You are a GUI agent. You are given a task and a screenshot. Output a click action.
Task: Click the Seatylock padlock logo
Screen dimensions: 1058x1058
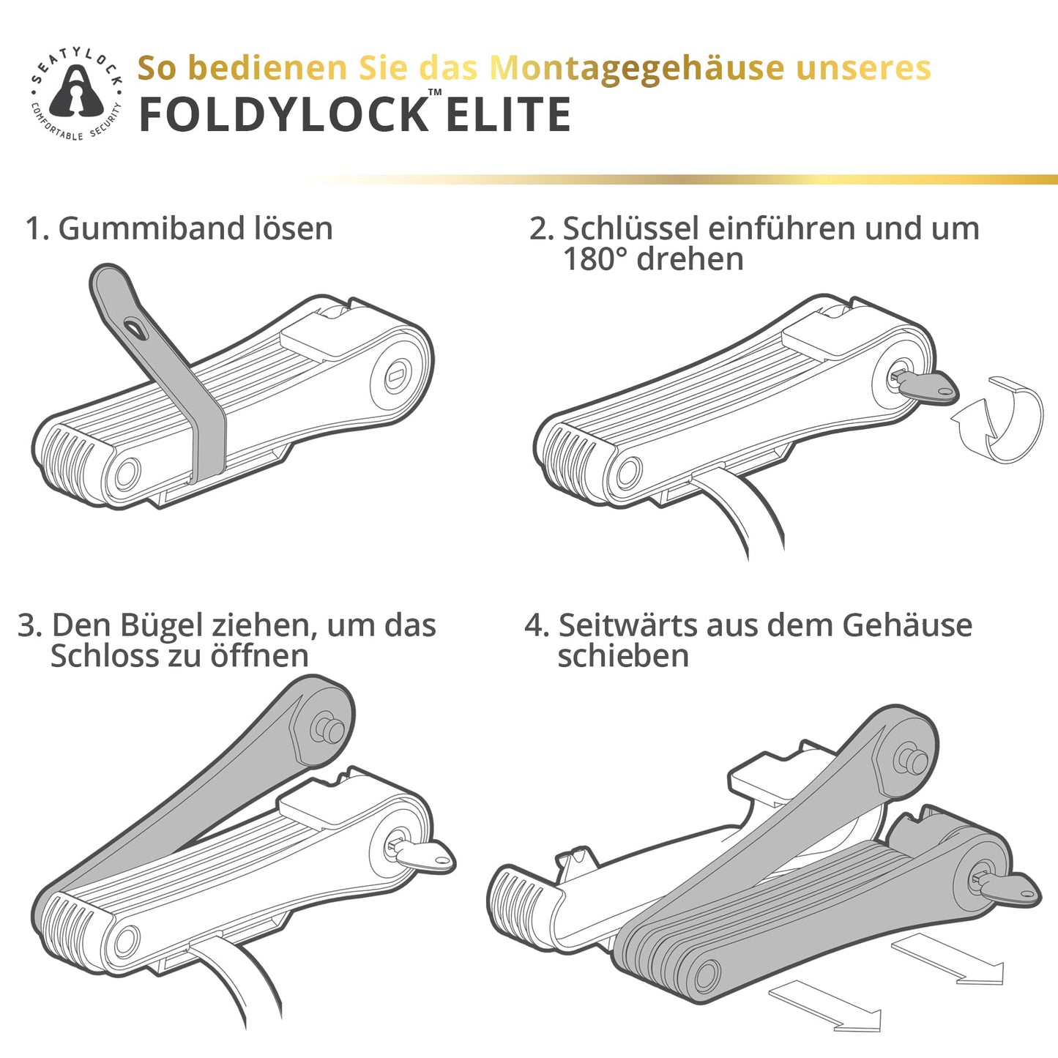point(76,93)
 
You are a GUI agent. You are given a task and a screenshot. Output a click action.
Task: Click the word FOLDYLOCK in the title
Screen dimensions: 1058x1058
point(283,114)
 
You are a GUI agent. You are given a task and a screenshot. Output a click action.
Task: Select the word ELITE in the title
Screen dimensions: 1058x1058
point(508,114)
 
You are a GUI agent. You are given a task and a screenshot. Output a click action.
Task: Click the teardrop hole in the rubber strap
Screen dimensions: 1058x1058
point(135,327)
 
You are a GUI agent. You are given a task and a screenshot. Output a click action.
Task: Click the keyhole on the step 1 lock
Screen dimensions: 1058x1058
point(395,376)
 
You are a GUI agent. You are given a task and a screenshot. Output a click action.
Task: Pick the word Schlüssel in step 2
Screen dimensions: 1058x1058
point(630,228)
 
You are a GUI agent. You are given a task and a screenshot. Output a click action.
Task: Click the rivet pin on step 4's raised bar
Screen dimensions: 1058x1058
point(912,759)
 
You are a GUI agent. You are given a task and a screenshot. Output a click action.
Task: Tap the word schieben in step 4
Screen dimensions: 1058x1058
point(623,655)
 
